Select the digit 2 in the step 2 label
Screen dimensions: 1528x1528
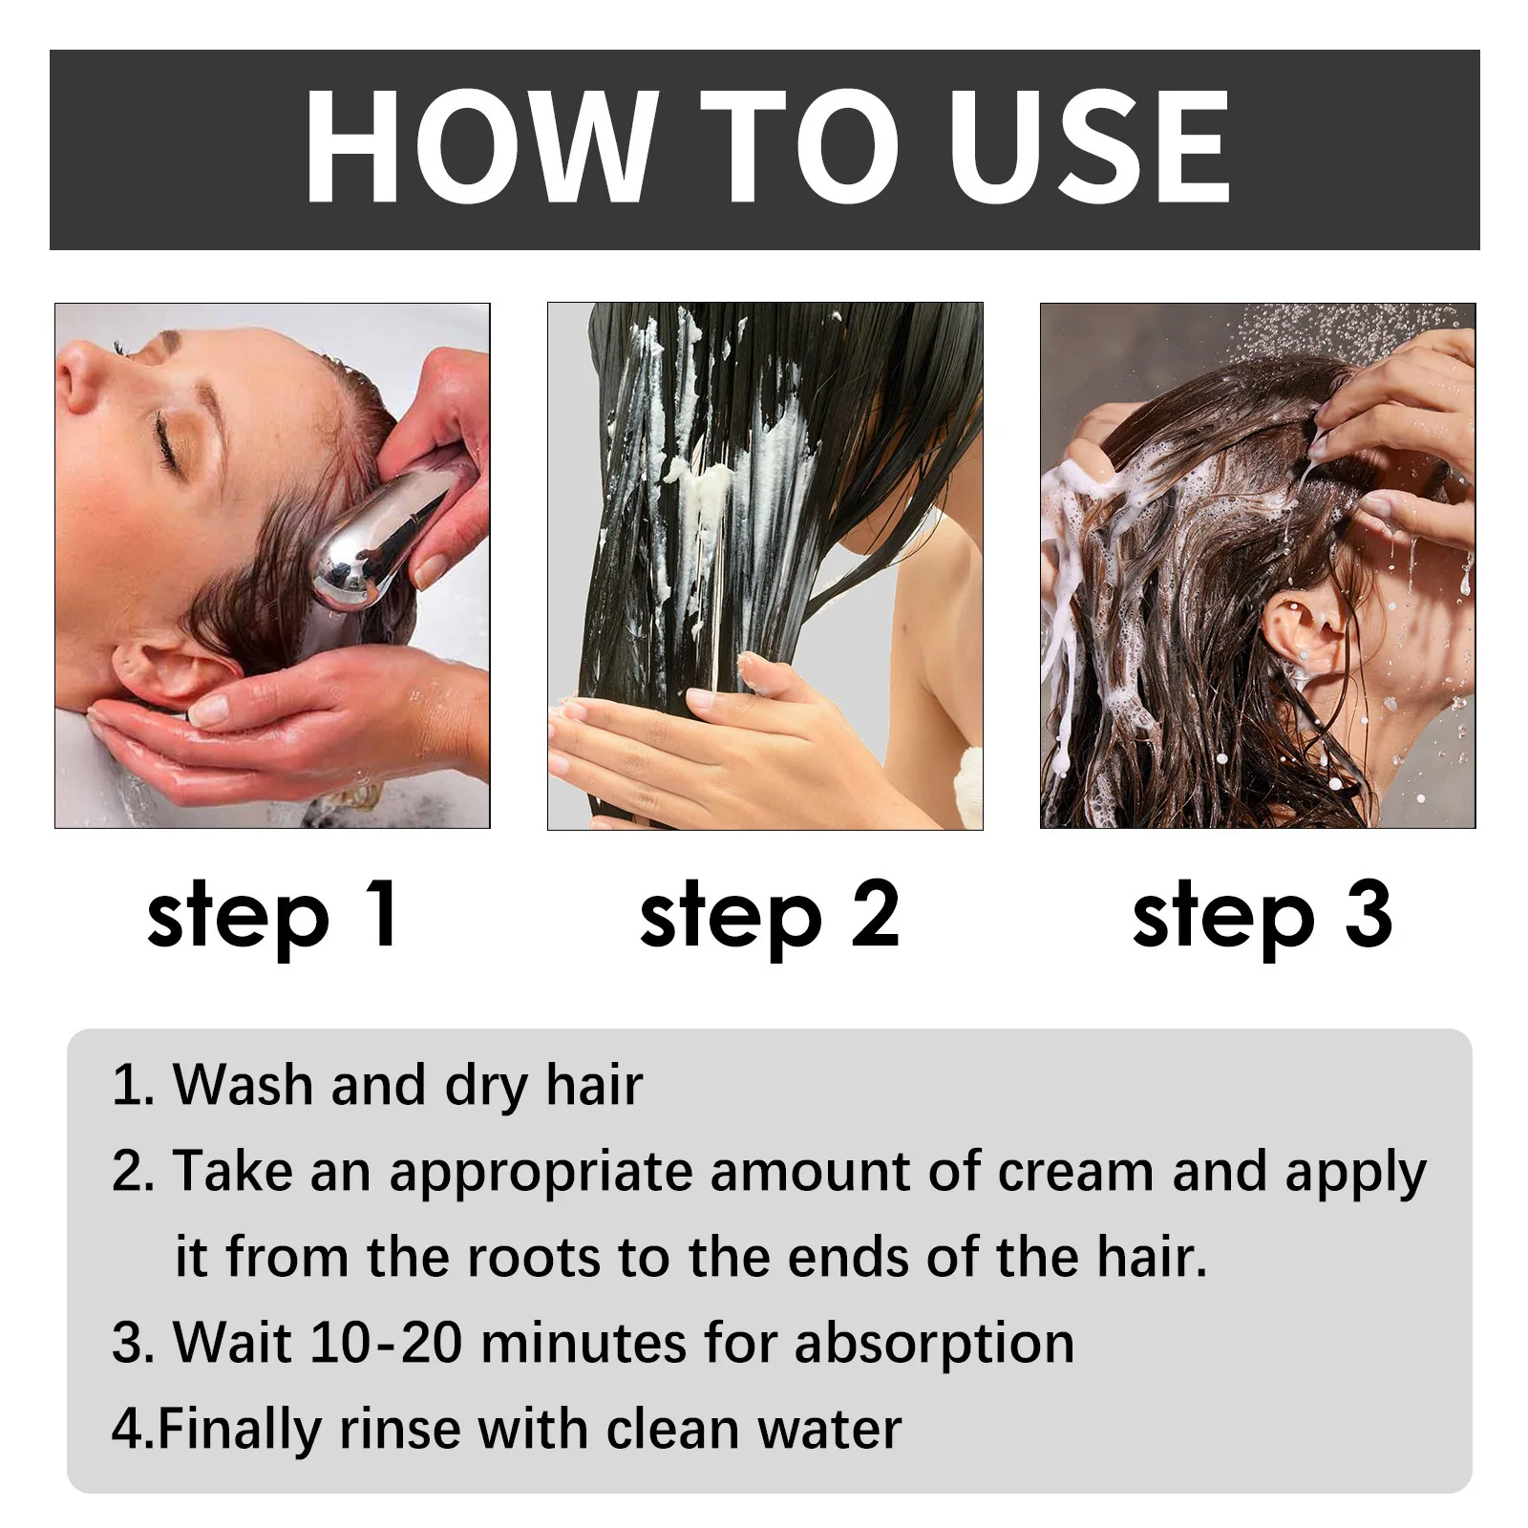(875, 914)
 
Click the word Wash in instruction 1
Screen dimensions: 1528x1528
(243, 1085)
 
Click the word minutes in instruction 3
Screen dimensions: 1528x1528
(584, 1343)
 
